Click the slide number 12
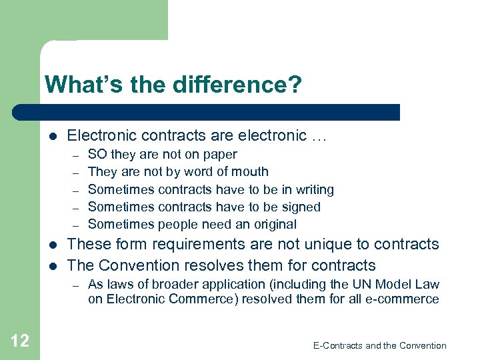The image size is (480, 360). pyautogui.click(x=20, y=341)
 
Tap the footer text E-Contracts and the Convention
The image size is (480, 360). pyautogui.click(x=379, y=345)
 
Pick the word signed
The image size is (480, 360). pyautogui.click(x=300, y=207)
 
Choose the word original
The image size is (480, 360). pyautogui.click(x=273, y=225)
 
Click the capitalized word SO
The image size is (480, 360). pyautogui.click(x=98, y=155)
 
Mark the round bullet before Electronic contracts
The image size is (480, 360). pyautogui.click(x=53, y=136)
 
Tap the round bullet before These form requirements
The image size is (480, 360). pyautogui.click(x=53, y=245)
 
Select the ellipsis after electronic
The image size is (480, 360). pyautogui.click(x=319, y=136)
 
